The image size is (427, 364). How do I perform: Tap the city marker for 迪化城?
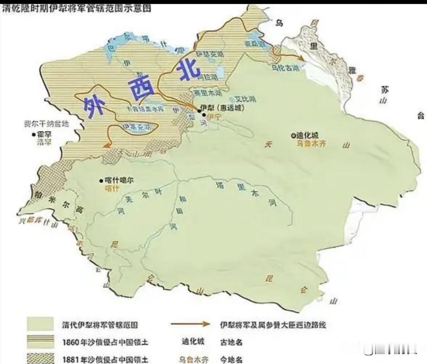pos(293,135)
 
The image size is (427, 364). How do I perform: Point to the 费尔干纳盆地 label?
pos(46,124)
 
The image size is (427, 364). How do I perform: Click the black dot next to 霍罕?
pos(34,134)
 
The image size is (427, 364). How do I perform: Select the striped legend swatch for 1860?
pos(40,341)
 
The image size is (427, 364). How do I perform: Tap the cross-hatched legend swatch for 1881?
pos(40,358)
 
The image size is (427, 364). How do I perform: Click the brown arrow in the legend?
pos(190,324)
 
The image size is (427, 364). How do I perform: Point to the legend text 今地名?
pos(231,359)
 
